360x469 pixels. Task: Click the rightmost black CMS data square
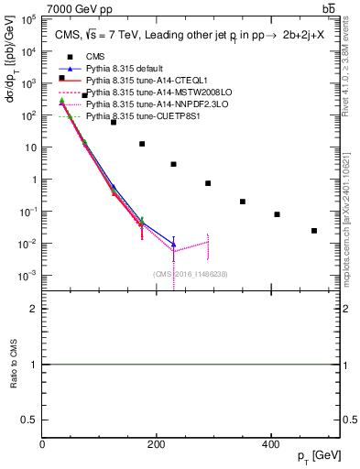click(314, 231)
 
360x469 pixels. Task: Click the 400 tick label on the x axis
click(270, 444)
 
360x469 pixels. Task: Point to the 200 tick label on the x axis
click(157, 444)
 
